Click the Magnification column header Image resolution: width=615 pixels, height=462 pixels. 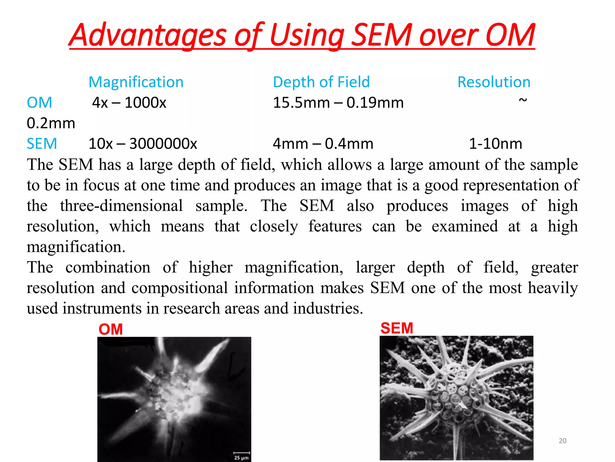tap(136, 82)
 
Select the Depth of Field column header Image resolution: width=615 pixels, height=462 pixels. tap(321, 82)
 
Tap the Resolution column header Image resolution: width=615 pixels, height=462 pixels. tap(494, 82)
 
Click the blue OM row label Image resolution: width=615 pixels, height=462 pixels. tap(39, 103)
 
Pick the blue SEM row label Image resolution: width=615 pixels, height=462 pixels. tap(42, 144)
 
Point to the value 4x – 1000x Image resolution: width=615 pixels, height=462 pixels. tap(129, 103)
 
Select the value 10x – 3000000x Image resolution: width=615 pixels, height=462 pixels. tap(143, 144)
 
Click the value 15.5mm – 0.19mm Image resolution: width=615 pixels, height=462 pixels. tap(338, 103)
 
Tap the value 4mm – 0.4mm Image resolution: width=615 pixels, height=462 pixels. tap(323, 144)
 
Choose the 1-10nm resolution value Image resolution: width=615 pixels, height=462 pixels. tap(495, 144)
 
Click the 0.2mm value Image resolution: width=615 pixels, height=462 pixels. tap(51, 123)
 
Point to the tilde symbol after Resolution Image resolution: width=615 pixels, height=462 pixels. tap(523, 100)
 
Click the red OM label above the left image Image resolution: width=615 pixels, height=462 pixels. tap(111, 329)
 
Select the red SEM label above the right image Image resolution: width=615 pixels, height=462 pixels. tap(397, 328)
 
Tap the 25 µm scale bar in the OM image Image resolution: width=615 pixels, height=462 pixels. tap(242, 455)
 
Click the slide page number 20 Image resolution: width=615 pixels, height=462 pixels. tap(562, 441)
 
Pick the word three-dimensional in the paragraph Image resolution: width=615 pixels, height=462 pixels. tap(121, 206)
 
